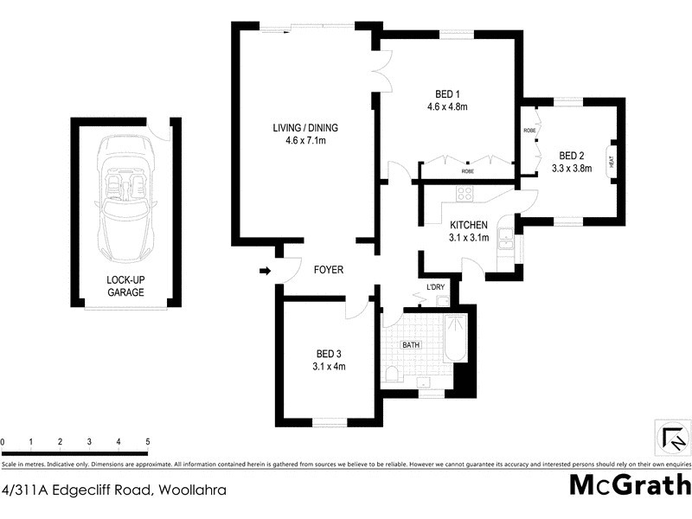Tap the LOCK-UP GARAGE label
(x=125, y=286)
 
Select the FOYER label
(x=328, y=270)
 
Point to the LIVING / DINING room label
(x=305, y=128)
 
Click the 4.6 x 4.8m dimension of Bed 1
(x=447, y=107)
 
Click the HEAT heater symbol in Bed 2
(x=611, y=160)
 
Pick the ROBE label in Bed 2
(x=529, y=131)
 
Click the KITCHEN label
(x=469, y=225)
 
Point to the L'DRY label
(x=434, y=288)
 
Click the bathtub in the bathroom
(x=454, y=339)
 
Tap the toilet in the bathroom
(x=391, y=373)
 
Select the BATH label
(x=410, y=345)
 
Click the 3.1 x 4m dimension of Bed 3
(x=330, y=366)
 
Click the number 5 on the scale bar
(x=148, y=442)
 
